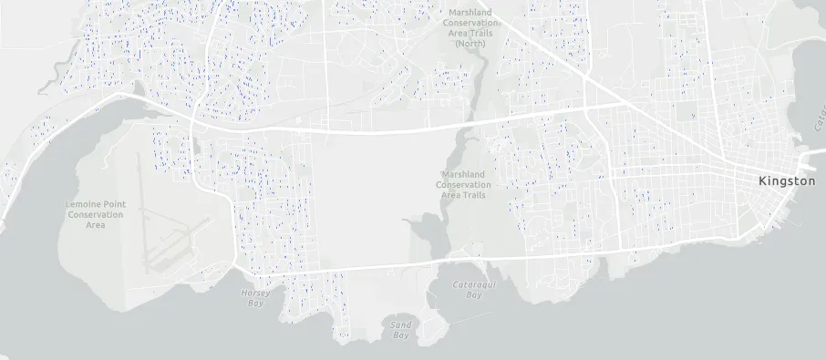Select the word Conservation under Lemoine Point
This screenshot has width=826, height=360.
[95, 214]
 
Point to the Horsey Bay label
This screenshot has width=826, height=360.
[256, 298]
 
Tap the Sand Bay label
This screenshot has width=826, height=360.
[400, 330]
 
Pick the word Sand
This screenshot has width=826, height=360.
[400, 324]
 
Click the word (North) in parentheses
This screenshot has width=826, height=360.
[470, 43]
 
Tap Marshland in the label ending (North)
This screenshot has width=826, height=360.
[470, 13]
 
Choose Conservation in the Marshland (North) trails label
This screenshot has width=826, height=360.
[470, 23]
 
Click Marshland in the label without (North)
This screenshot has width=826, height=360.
[464, 174]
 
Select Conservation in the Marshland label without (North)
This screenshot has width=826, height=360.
[464, 184]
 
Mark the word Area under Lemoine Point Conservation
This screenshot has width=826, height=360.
[95, 225]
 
